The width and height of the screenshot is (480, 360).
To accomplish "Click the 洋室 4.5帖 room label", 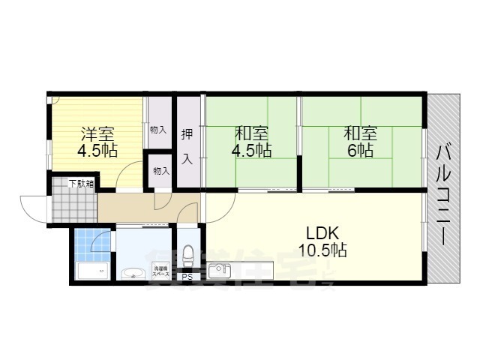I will click(97, 142).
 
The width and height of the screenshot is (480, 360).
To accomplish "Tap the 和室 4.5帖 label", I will click(252, 142).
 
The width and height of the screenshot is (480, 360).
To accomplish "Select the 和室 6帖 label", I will click(360, 142).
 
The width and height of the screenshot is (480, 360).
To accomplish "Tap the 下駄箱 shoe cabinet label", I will click(81, 183).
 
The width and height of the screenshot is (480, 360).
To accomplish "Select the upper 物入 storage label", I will click(158, 130).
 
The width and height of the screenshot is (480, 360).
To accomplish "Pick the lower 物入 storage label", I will click(160, 170).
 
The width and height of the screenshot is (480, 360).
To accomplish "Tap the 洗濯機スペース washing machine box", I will click(160, 271).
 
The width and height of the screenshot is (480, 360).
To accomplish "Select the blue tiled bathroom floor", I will click(92, 243).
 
